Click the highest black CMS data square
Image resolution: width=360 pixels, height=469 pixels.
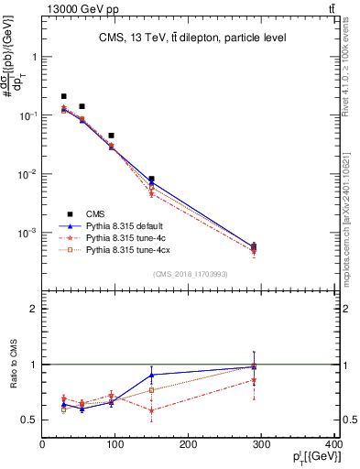tap(63, 96)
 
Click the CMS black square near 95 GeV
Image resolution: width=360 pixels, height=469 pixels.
tap(111, 136)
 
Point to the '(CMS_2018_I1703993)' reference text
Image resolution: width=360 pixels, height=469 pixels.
tap(191, 274)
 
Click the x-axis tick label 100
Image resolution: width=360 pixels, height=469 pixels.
tap(115, 445)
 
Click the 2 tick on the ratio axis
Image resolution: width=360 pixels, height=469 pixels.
tap(35, 310)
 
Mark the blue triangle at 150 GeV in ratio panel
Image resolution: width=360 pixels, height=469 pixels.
tap(152, 375)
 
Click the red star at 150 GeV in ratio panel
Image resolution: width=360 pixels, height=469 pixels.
tap(152, 410)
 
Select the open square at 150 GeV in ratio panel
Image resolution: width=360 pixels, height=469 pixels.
tap(152, 390)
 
